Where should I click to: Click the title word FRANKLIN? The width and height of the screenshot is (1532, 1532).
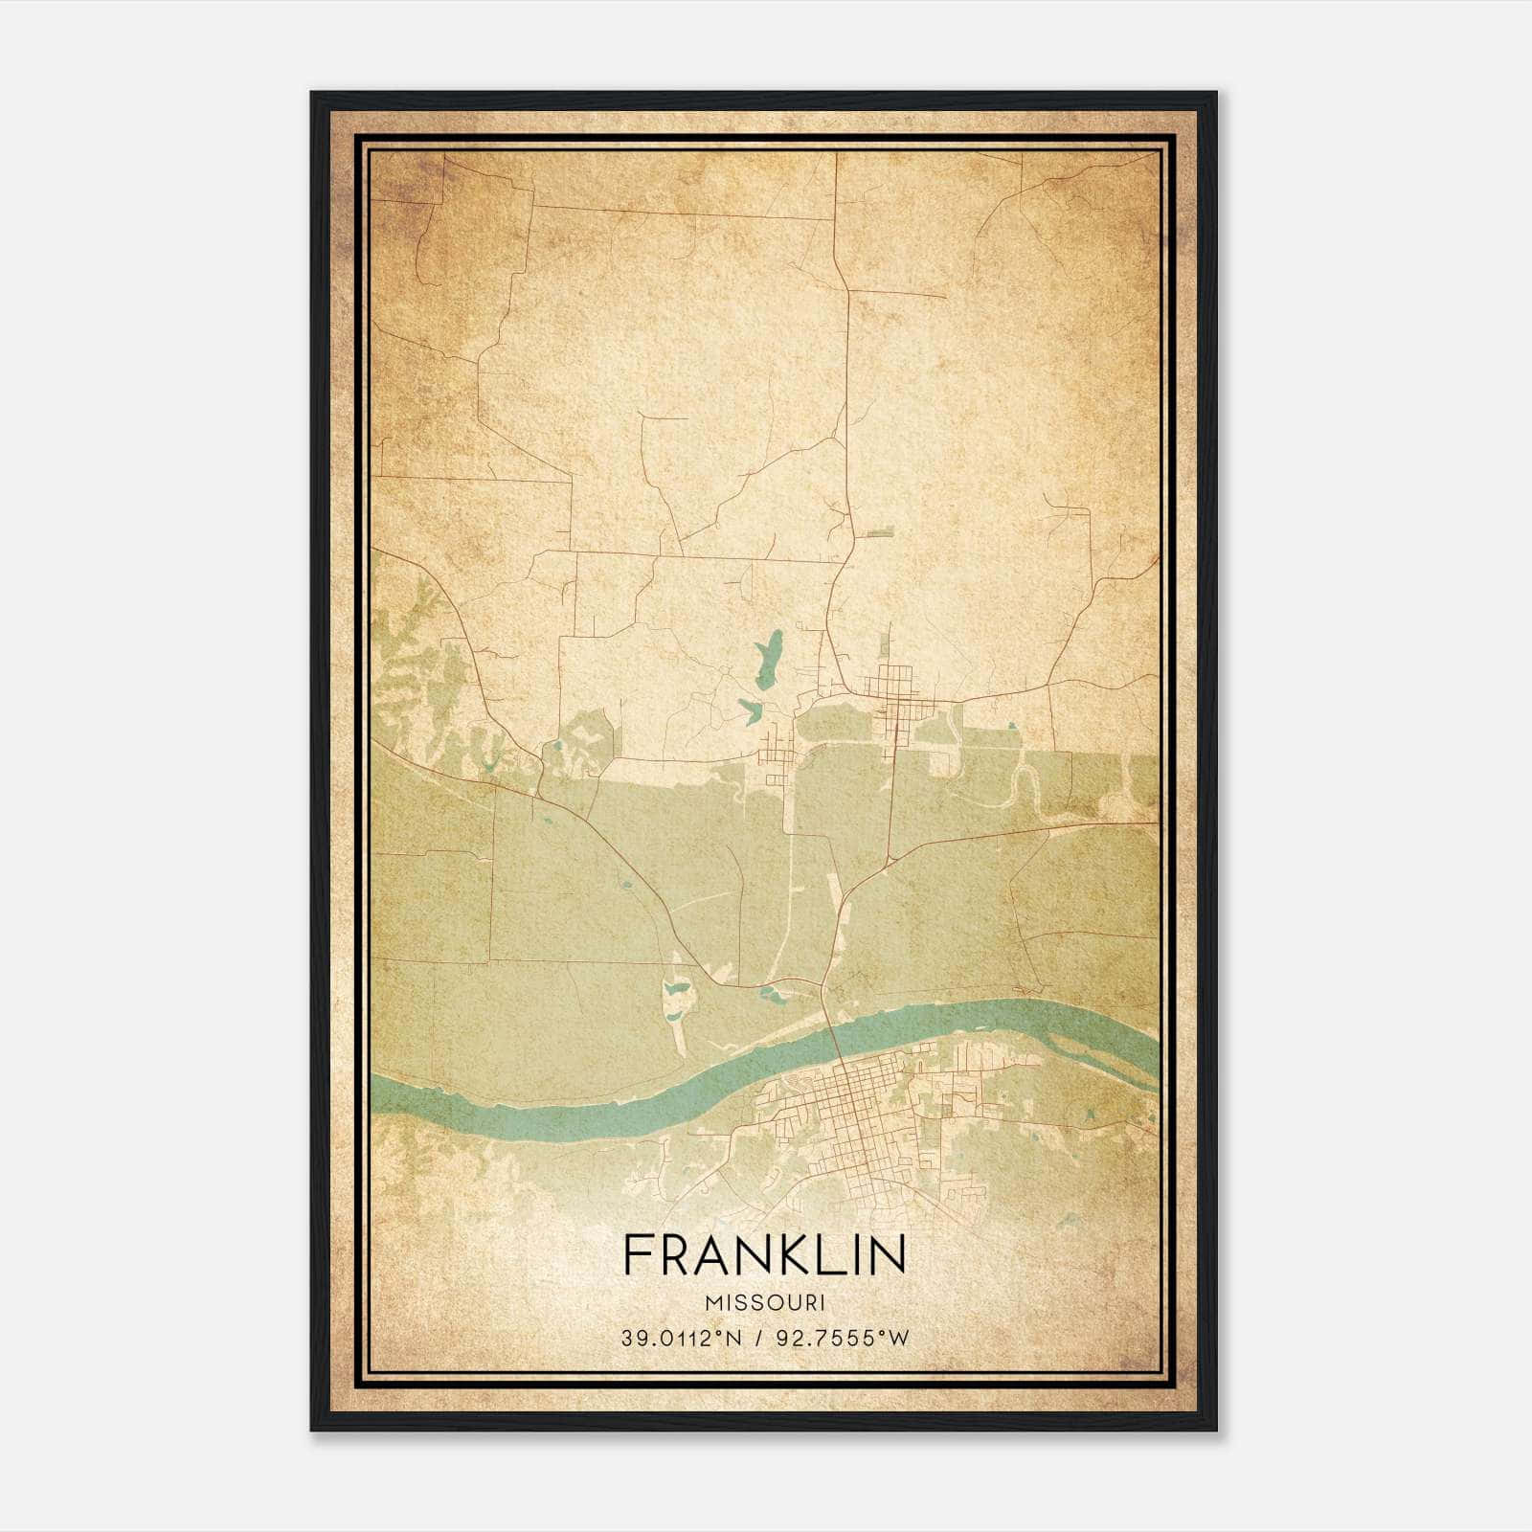pyautogui.click(x=764, y=1255)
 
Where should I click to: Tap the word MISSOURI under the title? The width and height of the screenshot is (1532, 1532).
pyautogui.click(x=764, y=1302)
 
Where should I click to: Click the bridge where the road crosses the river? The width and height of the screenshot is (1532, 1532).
pyautogui.click(x=831, y=1032)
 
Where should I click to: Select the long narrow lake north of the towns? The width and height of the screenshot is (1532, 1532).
pyautogui.click(x=768, y=658)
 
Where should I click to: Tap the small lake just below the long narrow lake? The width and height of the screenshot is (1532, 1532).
pyautogui.click(x=750, y=710)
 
